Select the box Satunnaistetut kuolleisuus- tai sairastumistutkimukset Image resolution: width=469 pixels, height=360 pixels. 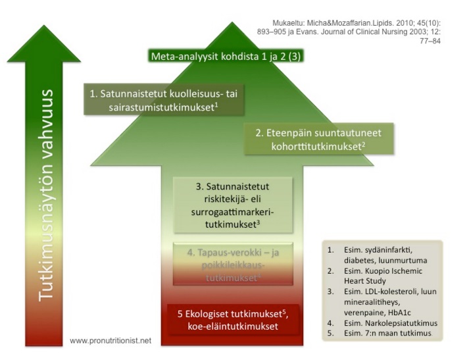coord(164,99)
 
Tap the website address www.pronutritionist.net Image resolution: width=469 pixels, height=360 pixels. coord(111,341)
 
